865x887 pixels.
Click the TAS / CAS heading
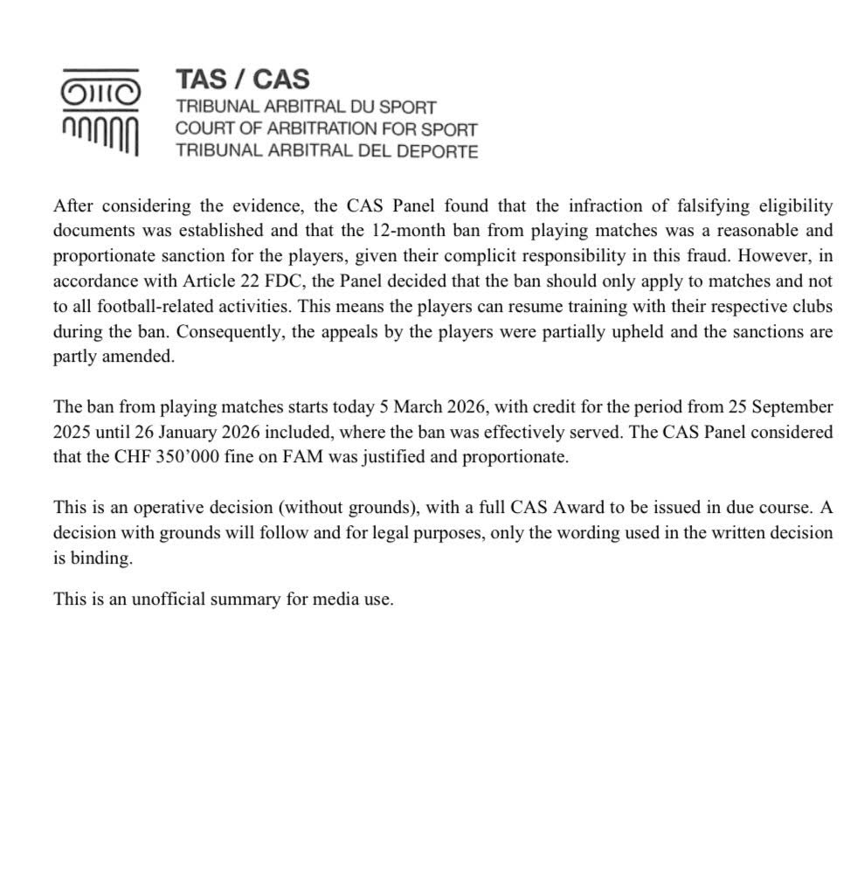tap(242, 80)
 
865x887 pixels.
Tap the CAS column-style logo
tap(100, 112)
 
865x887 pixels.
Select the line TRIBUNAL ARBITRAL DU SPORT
tap(305, 107)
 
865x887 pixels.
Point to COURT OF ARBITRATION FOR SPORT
tap(326, 128)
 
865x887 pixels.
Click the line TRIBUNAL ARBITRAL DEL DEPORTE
tap(326, 150)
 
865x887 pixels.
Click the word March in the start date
tap(422, 407)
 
